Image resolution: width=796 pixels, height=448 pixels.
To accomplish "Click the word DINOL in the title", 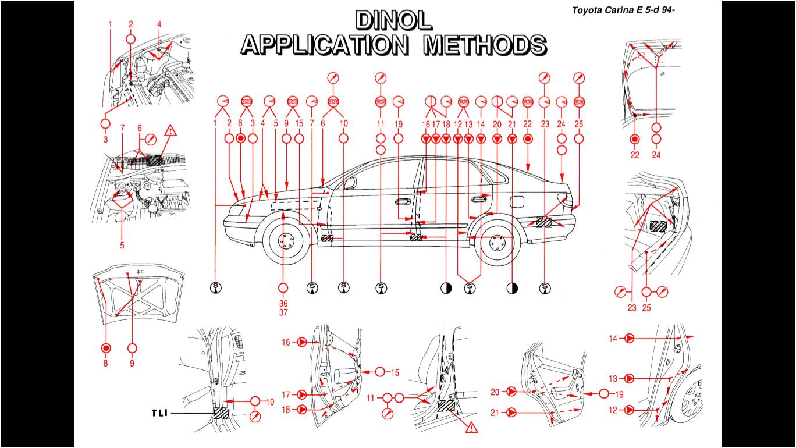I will click(x=394, y=21).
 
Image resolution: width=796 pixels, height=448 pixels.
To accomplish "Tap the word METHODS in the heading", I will click(x=485, y=45).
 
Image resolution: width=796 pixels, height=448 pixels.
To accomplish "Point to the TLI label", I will click(x=159, y=413).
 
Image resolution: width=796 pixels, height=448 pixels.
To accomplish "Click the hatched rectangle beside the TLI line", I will click(x=221, y=413).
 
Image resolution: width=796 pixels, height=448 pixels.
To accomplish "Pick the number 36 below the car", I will click(x=283, y=303).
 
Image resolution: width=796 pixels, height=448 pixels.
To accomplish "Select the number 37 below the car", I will click(x=283, y=312).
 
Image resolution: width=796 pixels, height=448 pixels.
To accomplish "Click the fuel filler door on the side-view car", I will click(x=516, y=201).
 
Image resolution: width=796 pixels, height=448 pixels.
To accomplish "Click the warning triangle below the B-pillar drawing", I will click(x=471, y=428).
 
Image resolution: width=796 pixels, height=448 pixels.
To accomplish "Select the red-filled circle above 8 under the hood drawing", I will click(x=105, y=348).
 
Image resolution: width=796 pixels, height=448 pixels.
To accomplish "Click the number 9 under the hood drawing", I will click(x=132, y=363).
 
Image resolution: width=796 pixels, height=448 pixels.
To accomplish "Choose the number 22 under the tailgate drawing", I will click(x=635, y=155).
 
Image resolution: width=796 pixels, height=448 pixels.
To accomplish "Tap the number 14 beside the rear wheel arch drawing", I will click(x=613, y=338).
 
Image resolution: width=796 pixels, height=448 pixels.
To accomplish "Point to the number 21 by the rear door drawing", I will click(x=495, y=413).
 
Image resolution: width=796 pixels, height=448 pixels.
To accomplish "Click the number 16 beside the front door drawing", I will click(x=286, y=343).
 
